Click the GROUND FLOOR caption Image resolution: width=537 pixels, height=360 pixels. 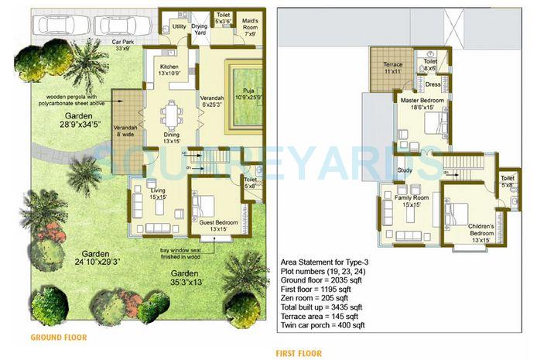coord(58,338)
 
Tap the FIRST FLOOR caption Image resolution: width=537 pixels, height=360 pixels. coord(299,353)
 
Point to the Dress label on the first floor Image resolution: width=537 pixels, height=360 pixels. coord(433,84)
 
